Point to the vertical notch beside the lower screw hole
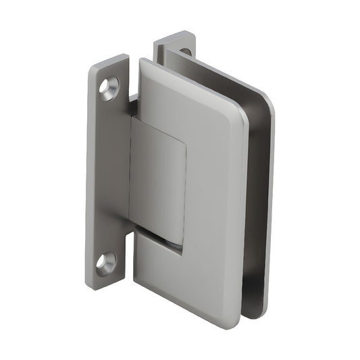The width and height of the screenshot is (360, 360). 127,250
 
